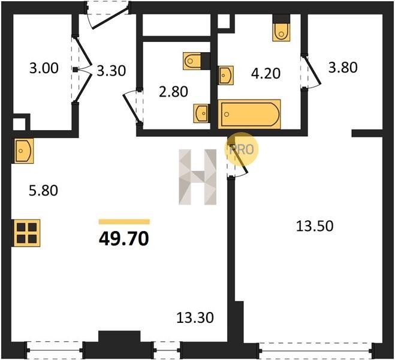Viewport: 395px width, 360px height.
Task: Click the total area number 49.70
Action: (124, 238)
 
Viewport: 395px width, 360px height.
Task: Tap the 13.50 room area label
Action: (315, 226)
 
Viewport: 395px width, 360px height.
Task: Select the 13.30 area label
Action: (195, 317)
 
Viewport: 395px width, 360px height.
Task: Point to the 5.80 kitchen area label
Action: (44, 191)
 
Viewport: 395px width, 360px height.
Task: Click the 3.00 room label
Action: (44, 68)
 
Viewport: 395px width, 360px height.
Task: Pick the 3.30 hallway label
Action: (111, 71)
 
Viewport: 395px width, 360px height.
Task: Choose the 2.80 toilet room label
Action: (174, 92)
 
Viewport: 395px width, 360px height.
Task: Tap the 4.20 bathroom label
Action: (266, 74)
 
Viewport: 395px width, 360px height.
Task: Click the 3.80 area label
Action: (343, 68)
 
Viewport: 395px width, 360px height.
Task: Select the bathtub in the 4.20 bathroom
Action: (249, 114)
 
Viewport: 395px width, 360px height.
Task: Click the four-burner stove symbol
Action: (27, 233)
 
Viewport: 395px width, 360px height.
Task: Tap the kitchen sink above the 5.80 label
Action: (23, 151)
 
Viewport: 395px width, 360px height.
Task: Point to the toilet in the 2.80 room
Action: (197, 61)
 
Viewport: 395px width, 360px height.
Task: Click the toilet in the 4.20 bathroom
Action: (281, 28)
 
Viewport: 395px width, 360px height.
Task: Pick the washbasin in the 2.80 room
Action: (201, 113)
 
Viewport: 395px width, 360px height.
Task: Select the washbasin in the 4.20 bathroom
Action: (225, 75)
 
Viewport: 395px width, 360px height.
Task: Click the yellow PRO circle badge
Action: (242, 149)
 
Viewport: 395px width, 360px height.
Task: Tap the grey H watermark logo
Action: (198, 177)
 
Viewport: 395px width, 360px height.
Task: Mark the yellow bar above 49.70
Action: (124, 222)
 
